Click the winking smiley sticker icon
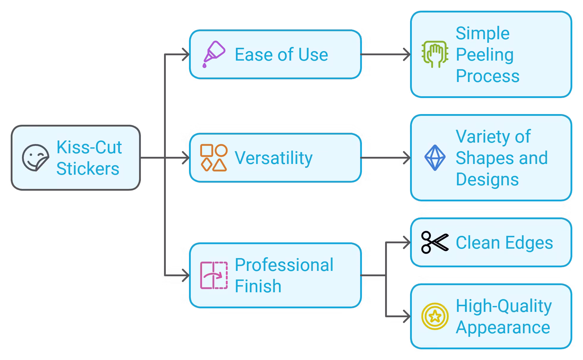pos(35,158)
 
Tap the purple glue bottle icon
pos(214,54)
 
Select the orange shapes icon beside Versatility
pos(214,158)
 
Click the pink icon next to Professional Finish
pos(214,275)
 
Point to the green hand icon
pos(435,54)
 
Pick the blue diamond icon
pos(435,158)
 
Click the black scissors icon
pos(435,242)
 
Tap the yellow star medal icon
pos(435,316)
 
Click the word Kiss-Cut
pos(89,147)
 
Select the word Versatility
pos(273,158)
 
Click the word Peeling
pos(485,55)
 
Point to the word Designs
pos(487,179)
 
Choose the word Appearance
pos(503,328)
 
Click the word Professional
pos(284,265)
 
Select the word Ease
pos(254,55)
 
